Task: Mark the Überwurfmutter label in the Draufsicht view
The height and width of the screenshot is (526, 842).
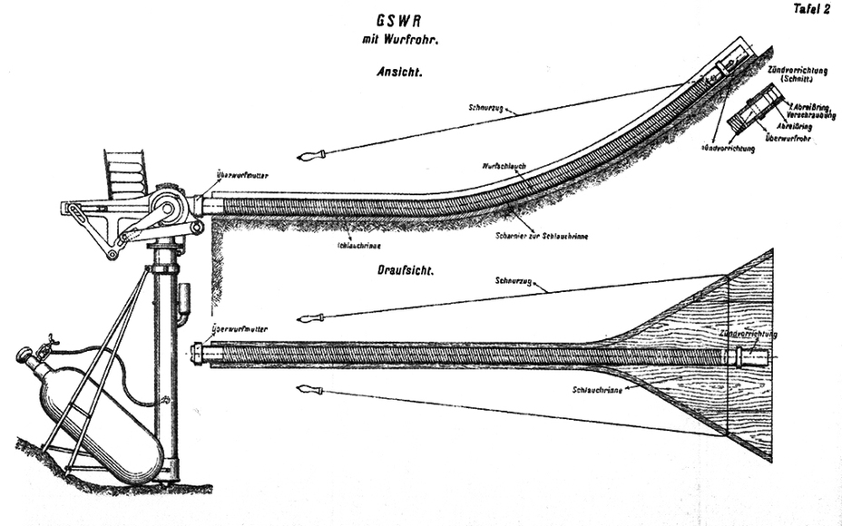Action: coord(239,329)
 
